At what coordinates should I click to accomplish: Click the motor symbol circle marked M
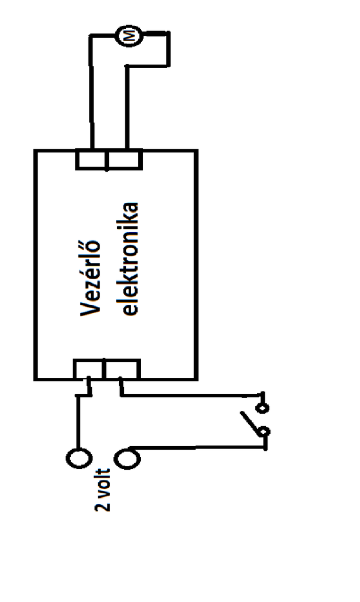125,36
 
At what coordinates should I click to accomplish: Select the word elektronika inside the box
128,259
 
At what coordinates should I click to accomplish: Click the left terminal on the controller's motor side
91,159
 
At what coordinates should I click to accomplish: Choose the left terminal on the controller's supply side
88,369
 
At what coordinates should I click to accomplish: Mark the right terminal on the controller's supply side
121,369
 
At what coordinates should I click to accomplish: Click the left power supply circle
79,458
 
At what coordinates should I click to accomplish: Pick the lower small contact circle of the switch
265,434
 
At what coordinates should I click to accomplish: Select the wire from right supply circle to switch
200,447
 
